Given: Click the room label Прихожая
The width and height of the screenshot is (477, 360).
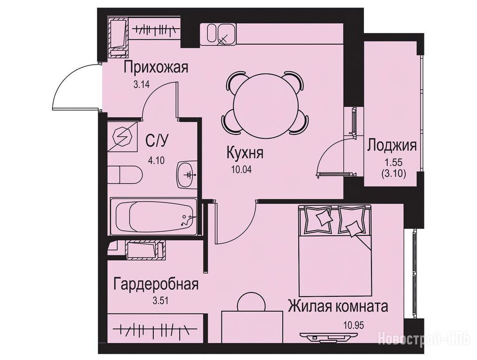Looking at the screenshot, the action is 156,67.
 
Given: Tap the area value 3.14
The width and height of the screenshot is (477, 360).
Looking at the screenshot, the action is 142,84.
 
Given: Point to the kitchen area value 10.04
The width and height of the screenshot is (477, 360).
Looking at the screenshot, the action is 242,170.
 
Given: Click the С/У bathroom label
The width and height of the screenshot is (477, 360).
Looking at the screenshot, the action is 157,141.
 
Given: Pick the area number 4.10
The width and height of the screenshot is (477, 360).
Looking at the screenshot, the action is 156,160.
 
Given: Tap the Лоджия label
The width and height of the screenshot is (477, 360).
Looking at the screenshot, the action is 392,145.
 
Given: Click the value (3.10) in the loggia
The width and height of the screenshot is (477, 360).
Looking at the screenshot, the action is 394,174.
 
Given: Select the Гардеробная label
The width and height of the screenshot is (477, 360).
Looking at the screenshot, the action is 156,285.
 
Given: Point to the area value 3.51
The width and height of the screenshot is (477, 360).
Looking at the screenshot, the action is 160,301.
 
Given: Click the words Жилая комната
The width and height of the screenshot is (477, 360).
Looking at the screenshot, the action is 338,307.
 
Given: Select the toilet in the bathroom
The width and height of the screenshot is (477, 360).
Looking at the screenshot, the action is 125,174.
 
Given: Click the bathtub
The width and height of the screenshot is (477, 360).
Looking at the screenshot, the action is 154,217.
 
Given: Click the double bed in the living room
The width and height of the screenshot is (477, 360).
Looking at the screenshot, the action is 335,250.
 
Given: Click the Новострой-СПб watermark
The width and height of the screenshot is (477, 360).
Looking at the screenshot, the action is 424,339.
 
